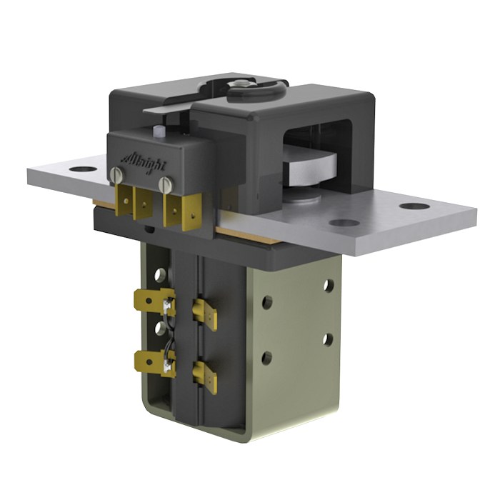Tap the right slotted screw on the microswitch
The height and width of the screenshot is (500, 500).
[166, 184]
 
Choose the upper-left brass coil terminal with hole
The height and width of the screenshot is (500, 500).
[151, 301]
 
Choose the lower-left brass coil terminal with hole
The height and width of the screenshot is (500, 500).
[151, 362]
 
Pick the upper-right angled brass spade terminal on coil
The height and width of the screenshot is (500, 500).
[204, 313]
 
